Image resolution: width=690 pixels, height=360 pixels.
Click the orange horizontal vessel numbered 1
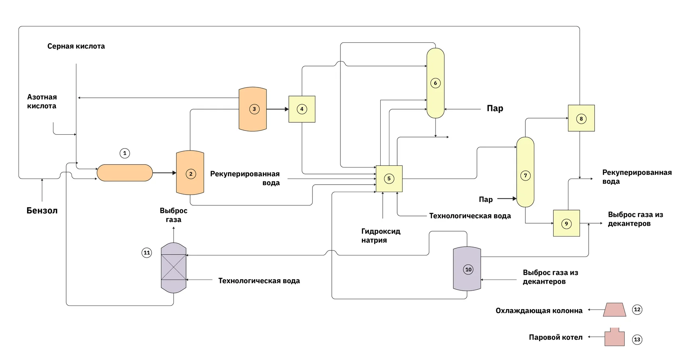[124, 173]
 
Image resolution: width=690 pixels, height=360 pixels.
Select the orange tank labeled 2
[190, 173]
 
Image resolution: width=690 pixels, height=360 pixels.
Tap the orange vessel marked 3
[253, 109]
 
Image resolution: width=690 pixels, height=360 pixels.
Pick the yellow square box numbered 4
[302, 109]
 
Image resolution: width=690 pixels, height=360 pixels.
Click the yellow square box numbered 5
[389, 179]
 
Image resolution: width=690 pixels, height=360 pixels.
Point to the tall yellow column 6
[435, 83]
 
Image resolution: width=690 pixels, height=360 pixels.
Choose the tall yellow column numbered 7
[525, 172]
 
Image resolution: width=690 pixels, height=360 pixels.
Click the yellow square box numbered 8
[581, 118]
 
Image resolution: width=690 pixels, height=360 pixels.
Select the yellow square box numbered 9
[566, 223]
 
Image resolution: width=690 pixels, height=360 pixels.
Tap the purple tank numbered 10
[467, 269]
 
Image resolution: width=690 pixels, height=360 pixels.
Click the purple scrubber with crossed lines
[174, 268]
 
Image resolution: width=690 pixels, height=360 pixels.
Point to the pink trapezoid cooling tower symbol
[614, 310]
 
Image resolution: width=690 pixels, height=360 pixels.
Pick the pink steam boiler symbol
[614, 338]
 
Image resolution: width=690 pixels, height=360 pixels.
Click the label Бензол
[42, 211]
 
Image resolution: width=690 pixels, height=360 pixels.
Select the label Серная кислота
[76, 46]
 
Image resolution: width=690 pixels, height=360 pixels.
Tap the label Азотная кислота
[42, 101]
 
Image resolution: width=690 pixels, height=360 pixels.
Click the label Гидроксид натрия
[381, 236]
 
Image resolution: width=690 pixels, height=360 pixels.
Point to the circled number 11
[147, 253]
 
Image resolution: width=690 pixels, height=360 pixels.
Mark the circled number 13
[637, 339]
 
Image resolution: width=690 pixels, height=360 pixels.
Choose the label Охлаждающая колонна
[539, 311]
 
